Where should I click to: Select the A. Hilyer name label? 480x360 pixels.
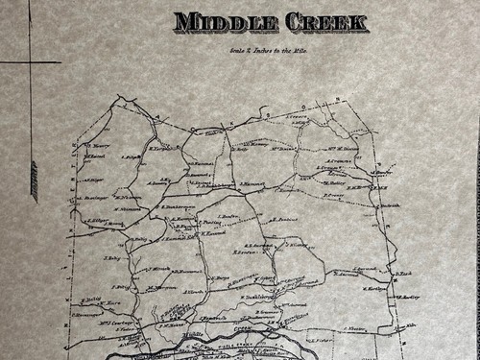click(x=93, y=179)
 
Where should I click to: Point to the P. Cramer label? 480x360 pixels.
click(x=334, y=196)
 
